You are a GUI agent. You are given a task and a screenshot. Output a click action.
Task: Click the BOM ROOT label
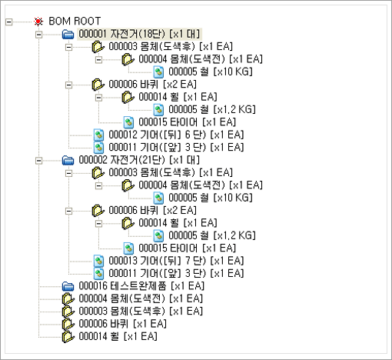point(75,21)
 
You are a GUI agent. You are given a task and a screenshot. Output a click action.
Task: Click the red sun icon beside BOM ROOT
point(38,22)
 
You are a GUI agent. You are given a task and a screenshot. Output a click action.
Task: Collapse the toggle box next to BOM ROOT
point(8,22)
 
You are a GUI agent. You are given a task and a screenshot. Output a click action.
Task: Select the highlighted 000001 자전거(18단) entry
point(139,34)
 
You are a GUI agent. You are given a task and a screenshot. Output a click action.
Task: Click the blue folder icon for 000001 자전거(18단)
point(68,34)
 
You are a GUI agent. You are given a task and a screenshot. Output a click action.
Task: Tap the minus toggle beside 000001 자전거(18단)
point(38,35)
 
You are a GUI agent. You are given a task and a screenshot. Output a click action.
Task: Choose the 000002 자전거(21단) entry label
point(139,160)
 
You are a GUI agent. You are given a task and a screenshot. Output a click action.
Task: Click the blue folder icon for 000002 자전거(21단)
point(68,160)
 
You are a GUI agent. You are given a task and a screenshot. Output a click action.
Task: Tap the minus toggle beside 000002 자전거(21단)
point(38,161)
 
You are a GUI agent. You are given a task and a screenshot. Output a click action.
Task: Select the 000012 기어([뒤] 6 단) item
point(176,135)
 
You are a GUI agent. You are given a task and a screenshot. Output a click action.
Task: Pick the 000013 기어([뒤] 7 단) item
point(176,261)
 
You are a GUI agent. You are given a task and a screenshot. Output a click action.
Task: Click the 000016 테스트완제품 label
point(141,286)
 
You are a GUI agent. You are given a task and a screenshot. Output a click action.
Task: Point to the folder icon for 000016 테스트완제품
point(68,286)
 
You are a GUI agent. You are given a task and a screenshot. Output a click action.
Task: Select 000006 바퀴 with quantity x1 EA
point(122,324)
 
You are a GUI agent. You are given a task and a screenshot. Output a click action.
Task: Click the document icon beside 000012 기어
point(98,135)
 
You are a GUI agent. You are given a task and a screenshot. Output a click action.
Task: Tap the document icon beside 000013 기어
point(98,261)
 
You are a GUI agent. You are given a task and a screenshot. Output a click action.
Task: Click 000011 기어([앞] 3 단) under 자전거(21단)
point(176,273)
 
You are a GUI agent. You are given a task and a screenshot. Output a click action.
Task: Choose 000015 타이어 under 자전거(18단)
point(187,122)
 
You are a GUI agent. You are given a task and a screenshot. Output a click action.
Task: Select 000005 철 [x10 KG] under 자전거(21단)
point(211,198)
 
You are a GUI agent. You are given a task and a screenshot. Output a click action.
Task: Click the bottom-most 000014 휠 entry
point(118,336)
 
